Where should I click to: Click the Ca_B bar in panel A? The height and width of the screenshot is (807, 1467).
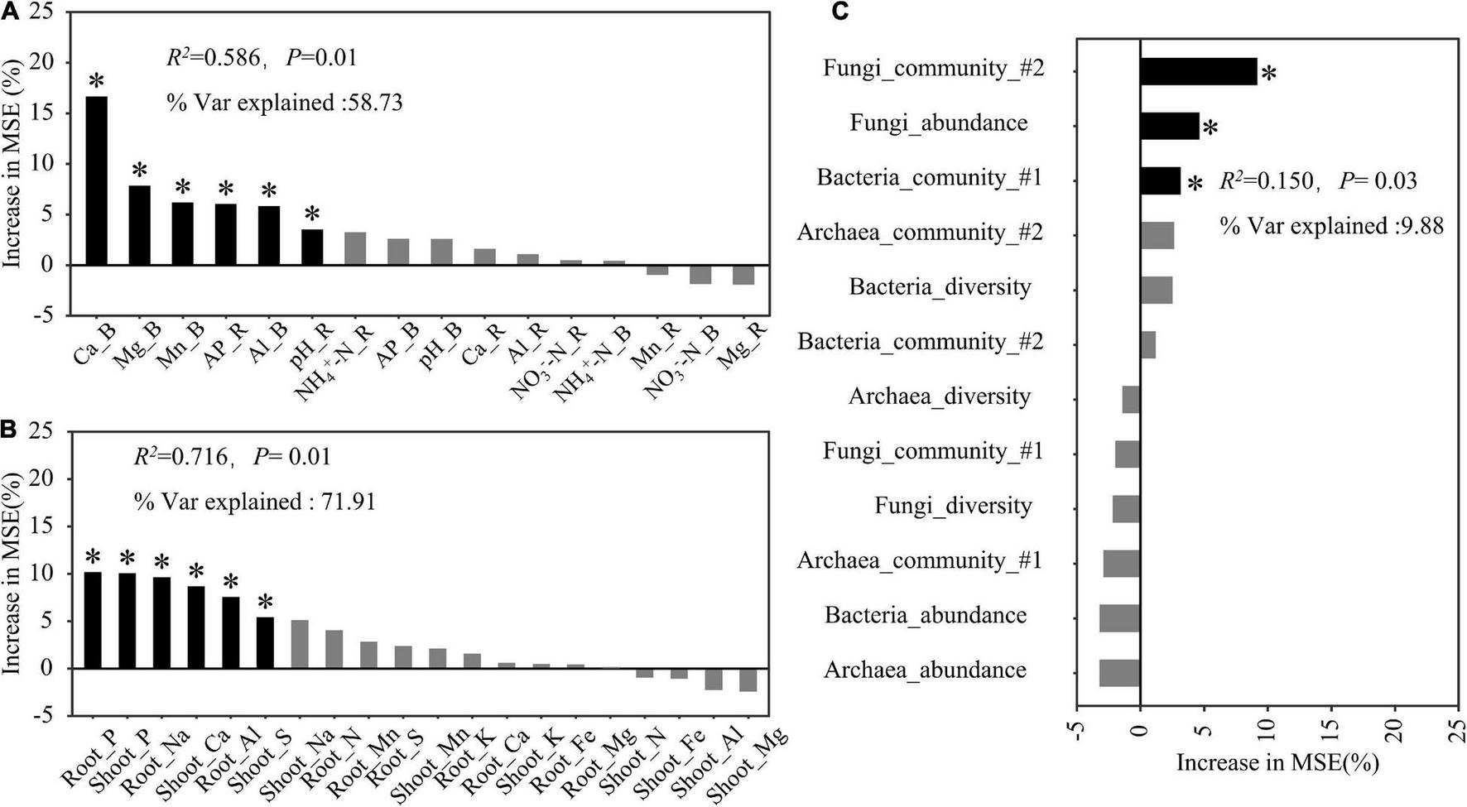point(97,180)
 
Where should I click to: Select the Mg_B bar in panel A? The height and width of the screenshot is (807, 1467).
point(140,225)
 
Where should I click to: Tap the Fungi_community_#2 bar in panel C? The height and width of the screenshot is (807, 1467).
point(1198,71)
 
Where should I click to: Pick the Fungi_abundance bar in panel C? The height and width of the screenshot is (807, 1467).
point(1169,126)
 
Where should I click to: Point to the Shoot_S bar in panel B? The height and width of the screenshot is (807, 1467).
point(265,642)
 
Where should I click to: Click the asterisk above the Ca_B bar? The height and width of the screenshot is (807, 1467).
point(97,82)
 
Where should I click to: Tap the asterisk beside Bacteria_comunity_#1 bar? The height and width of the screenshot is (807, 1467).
point(1194,184)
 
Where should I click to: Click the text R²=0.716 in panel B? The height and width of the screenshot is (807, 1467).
point(180,456)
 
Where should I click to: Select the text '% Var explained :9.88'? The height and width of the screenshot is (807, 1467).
point(1331,225)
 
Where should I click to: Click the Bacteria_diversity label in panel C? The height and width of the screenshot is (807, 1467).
point(940,287)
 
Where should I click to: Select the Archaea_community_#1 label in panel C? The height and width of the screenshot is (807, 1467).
point(919,560)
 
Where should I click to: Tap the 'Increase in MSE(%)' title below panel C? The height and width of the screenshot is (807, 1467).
point(1277,762)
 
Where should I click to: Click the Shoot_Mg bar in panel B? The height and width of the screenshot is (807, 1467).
point(748,680)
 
